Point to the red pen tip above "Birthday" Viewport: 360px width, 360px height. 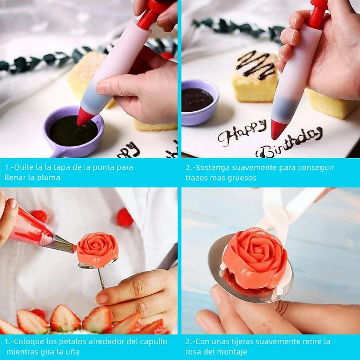pyautogui.click(x=278, y=129)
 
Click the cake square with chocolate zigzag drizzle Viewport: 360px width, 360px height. pyautogui.click(x=255, y=76)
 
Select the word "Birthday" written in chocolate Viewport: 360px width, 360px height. pyautogui.click(x=289, y=143)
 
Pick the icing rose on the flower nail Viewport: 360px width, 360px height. pyautogui.click(x=98, y=250)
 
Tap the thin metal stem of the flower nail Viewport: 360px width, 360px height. pyautogui.click(x=101, y=278)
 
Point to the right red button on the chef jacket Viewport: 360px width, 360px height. pyautogui.click(x=125, y=217)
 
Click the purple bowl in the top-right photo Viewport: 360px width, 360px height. pyautogui.click(x=199, y=102)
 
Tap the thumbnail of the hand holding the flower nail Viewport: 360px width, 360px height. pyautogui.click(x=102, y=299)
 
